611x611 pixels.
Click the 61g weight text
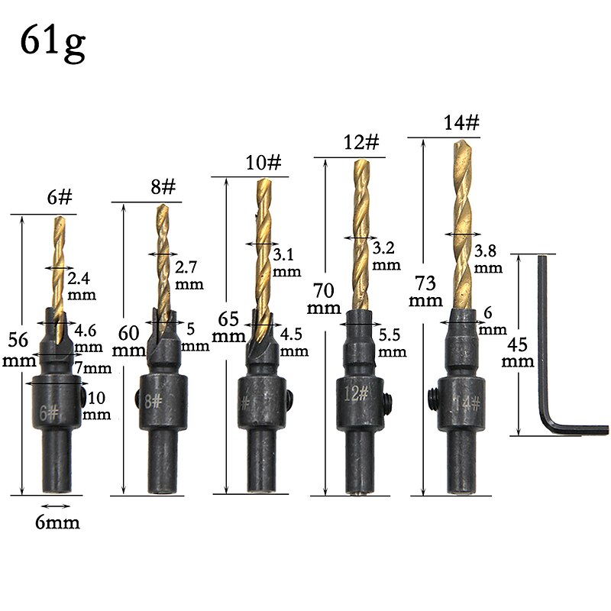point(53,43)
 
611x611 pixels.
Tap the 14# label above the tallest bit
point(461,123)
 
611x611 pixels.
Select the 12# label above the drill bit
point(361,142)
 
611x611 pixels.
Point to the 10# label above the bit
point(263,162)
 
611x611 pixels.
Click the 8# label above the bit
point(163,186)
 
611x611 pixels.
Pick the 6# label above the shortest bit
point(60,197)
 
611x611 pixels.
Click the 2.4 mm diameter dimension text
point(82,286)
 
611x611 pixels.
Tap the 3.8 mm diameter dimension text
point(488,259)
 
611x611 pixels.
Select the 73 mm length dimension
point(425,291)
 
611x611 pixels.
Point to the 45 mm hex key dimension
point(518,352)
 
